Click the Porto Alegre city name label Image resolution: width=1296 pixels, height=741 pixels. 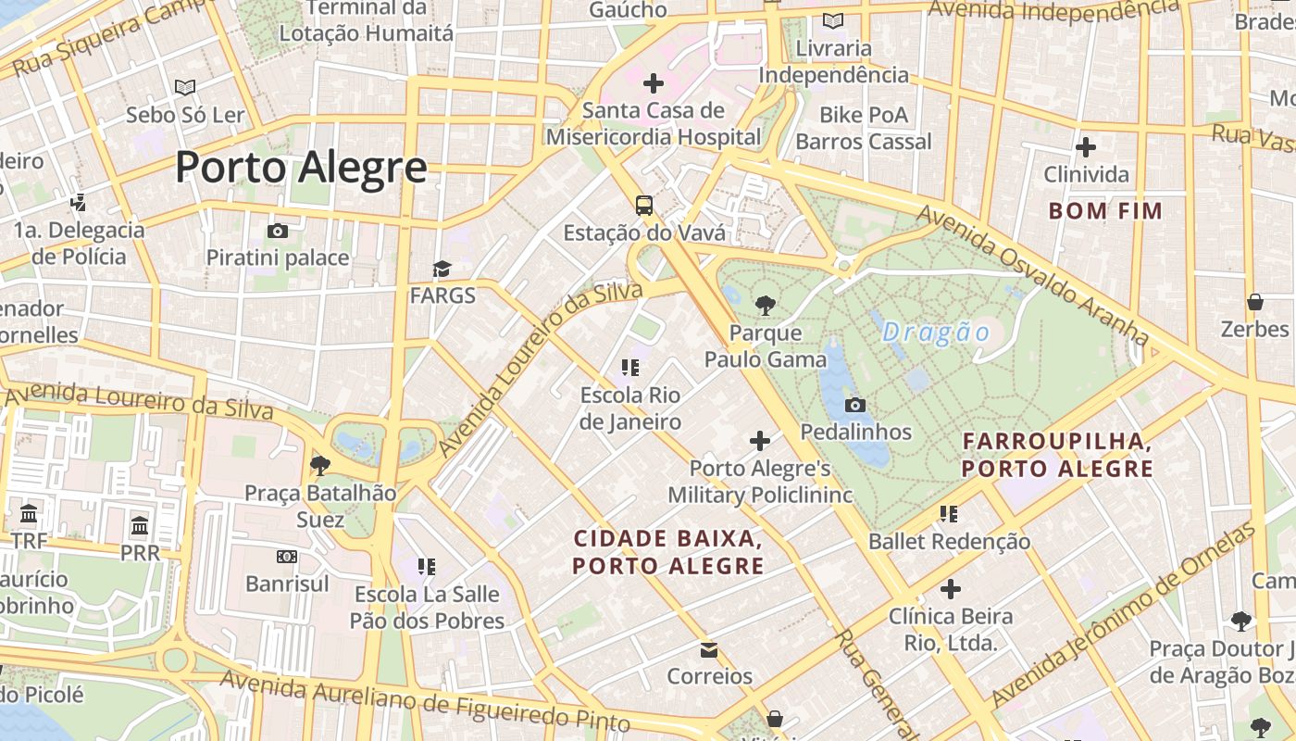pos(301,168)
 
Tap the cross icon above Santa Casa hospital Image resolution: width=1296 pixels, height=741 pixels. pos(654,83)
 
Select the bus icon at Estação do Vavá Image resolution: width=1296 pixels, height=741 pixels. pos(643,206)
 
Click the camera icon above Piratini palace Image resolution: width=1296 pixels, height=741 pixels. pos(277,231)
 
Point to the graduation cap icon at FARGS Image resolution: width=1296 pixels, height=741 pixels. pos(442,270)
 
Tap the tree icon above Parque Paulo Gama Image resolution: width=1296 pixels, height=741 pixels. pos(765,305)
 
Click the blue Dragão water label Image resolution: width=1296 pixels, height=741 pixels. pos(936,332)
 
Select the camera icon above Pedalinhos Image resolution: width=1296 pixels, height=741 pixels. pos(855,405)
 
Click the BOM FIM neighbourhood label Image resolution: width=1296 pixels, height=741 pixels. pos(1104,210)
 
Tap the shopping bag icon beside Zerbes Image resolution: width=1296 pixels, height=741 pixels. pos(1255,302)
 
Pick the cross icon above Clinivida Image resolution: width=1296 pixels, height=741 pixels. pos(1086,147)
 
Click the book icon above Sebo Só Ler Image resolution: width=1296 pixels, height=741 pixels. pos(185,88)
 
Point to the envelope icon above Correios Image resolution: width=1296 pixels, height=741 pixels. pos(709,649)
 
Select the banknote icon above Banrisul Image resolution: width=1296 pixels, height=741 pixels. pos(287,557)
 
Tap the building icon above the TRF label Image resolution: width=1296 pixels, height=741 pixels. pos(29,513)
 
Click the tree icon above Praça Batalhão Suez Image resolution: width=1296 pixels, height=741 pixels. pos(320,465)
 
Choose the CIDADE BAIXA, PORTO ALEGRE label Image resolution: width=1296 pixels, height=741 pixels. pos(667,551)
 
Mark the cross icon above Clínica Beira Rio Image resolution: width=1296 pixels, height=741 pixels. pos(950,589)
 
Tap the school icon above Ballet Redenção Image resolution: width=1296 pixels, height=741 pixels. pos(948,513)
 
